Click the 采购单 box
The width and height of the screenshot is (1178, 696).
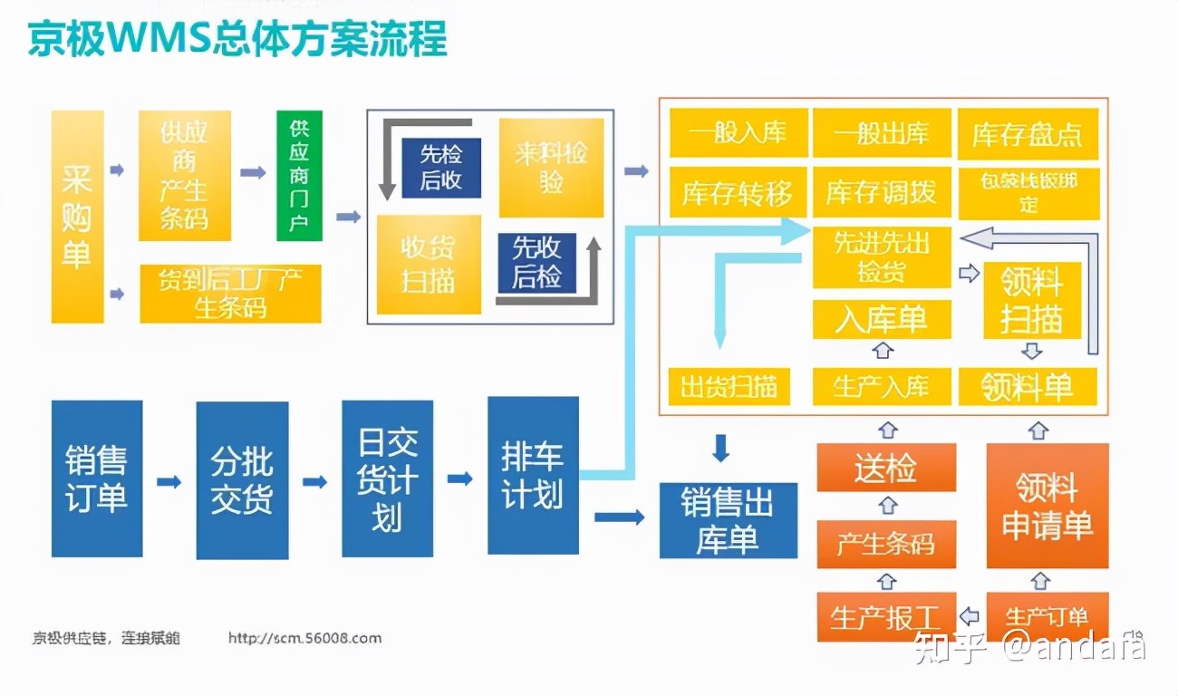(77, 217)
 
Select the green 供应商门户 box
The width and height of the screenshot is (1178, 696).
(299, 175)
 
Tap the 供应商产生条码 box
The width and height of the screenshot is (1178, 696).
(184, 176)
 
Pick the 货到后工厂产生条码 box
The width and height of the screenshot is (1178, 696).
(230, 293)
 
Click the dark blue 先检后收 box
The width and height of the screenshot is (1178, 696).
(440, 168)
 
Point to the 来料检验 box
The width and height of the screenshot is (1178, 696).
(551, 168)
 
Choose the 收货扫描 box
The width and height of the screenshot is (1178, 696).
(428, 264)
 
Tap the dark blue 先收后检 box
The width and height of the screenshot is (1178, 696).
(536, 262)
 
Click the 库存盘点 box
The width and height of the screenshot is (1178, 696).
(1028, 134)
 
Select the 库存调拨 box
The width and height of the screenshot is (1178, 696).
(881, 192)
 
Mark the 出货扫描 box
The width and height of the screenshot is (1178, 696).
(729, 386)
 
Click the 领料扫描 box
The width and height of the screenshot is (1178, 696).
(1031, 300)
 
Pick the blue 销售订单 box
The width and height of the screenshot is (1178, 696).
(97, 478)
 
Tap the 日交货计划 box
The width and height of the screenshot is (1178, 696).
(387, 478)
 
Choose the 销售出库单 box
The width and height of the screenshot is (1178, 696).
(728, 520)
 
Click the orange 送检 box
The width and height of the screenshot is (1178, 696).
(885, 468)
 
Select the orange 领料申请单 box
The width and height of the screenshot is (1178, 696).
(1047, 505)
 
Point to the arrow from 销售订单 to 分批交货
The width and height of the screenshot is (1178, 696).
(169, 481)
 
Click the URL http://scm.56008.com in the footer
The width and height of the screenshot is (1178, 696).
(304, 638)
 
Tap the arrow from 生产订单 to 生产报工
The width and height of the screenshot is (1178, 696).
(969, 616)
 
